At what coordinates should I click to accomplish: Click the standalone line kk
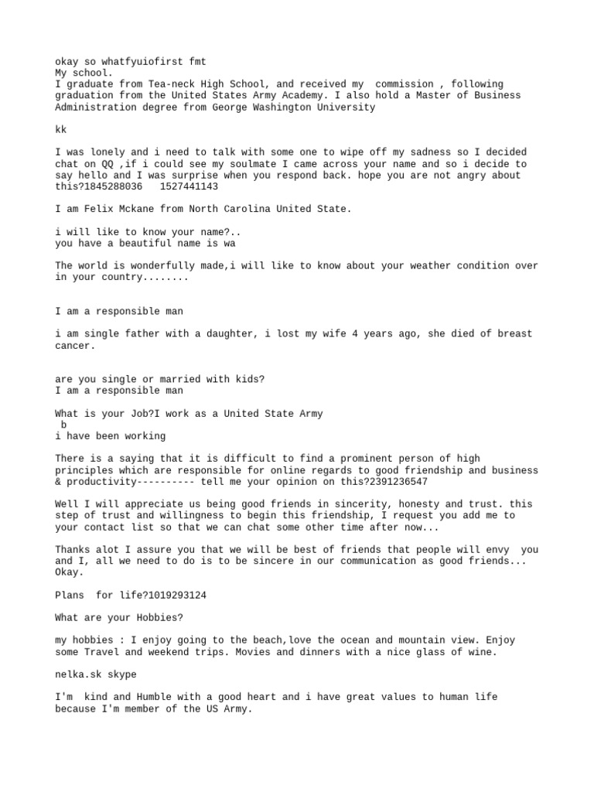point(61,130)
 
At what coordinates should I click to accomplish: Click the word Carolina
point(244,210)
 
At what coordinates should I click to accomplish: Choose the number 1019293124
point(176,596)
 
